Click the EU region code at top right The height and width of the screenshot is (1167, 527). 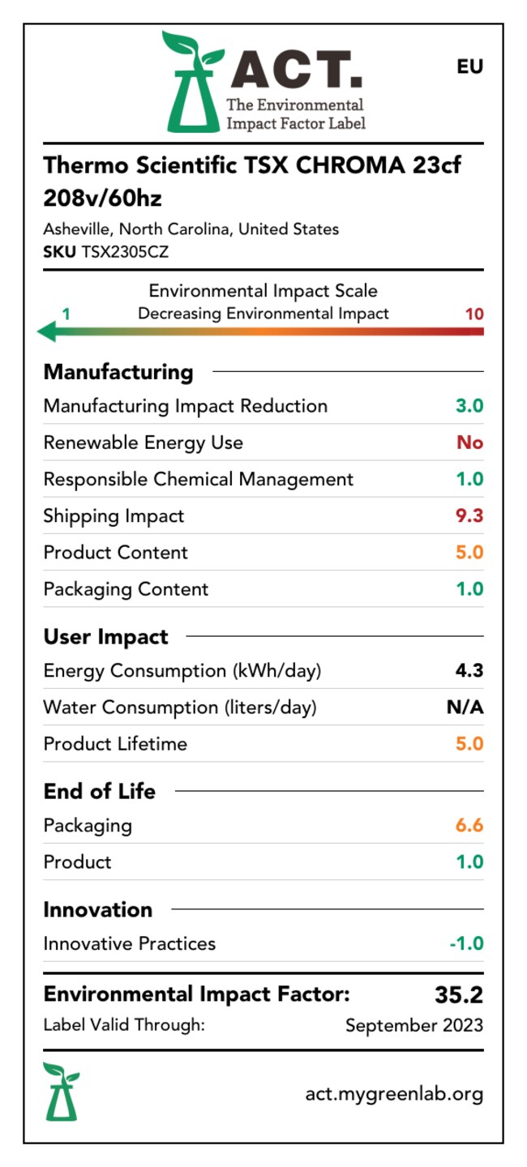(x=469, y=66)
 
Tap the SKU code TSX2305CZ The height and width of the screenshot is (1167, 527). (x=125, y=252)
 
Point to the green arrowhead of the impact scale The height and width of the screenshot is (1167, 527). (x=47, y=331)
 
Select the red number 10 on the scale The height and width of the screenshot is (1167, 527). (x=474, y=314)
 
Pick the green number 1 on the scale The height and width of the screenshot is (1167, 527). (x=66, y=314)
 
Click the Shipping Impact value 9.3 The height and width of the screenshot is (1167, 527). (x=469, y=515)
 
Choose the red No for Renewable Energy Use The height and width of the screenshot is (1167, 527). (x=469, y=442)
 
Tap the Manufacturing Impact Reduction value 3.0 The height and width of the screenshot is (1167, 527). (x=469, y=406)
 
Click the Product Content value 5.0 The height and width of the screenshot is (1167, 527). (x=469, y=552)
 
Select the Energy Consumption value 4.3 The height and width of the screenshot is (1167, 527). (x=469, y=670)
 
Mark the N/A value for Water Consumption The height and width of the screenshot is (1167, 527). (x=465, y=707)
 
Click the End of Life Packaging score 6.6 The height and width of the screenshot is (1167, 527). (x=469, y=825)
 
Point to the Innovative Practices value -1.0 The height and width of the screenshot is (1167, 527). (x=467, y=943)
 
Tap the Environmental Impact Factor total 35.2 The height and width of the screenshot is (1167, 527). (x=459, y=994)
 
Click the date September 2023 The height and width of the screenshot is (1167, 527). (x=414, y=1025)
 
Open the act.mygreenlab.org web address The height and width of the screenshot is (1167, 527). (x=395, y=1094)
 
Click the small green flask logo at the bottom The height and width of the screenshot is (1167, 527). (x=62, y=1092)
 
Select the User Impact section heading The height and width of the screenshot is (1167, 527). (x=106, y=637)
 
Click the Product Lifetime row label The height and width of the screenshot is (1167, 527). (x=115, y=744)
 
